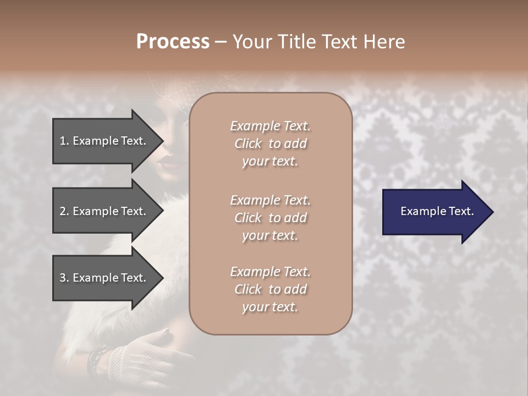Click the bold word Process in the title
click(173, 42)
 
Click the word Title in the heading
click(296, 42)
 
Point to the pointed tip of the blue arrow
click(492, 212)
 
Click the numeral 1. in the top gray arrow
click(64, 141)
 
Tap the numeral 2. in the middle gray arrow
click(64, 211)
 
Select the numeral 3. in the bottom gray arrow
click(64, 278)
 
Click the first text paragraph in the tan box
click(270, 144)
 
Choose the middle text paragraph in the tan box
click(270, 217)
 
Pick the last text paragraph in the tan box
click(270, 289)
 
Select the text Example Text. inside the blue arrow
click(437, 211)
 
